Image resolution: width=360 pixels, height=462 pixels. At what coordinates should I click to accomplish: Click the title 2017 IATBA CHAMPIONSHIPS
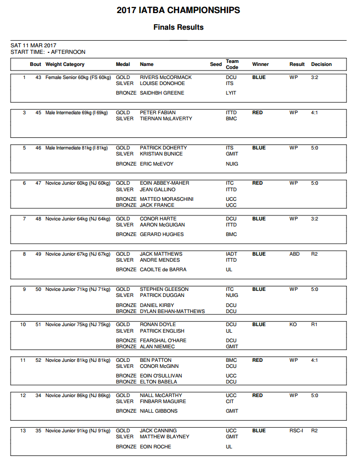point(178,10)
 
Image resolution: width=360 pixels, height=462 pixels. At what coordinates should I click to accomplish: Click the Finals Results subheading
point(178,27)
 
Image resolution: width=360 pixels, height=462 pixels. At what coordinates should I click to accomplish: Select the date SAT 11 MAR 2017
point(33,45)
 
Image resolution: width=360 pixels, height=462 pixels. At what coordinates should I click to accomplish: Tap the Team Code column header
point(232,64)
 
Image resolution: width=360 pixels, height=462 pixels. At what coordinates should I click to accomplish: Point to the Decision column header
point(321,64)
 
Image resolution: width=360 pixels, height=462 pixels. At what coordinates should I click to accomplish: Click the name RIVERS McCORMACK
point(166,78)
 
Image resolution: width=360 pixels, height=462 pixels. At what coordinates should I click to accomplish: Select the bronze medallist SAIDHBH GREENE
point(162,93)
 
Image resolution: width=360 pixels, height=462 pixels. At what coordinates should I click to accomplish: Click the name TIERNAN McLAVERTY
point(165,119)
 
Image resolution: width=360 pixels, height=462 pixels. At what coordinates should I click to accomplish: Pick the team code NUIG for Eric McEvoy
point(232,164)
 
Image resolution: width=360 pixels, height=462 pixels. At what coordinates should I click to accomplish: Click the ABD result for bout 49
point(294,254)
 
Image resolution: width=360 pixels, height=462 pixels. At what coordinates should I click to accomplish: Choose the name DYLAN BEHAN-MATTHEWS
point(172,312)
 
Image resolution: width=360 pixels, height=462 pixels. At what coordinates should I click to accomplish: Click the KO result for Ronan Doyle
point(293,325)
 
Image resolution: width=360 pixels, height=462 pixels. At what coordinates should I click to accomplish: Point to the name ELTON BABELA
point(159,382)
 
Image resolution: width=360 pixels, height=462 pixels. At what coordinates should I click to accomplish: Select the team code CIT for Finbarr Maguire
point(230,402)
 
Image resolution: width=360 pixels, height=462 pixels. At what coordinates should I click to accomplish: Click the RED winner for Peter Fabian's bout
point(257,113)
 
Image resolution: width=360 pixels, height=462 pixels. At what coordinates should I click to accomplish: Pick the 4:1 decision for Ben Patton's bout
point(315,360)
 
